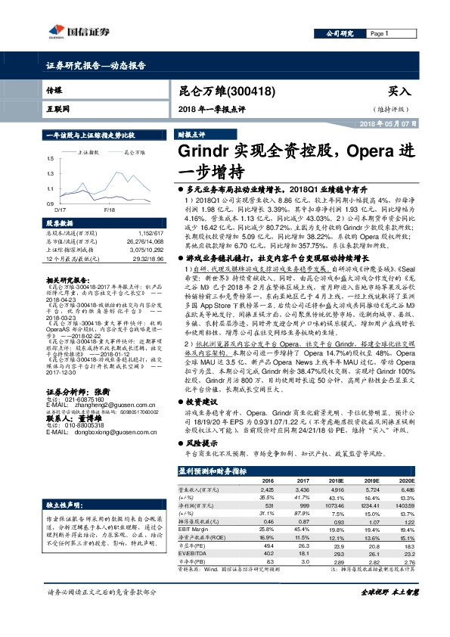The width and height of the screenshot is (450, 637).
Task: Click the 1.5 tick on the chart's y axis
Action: [x=50, y=159]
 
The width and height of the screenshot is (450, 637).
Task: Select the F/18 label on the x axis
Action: [x=109, y=209]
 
